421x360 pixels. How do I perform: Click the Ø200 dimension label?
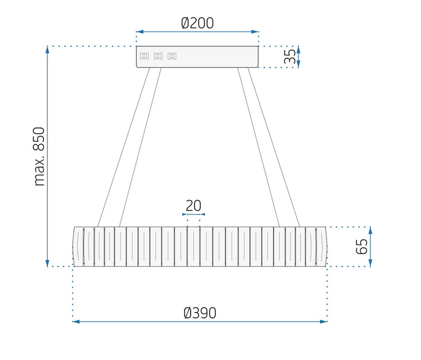[x=197, y=23]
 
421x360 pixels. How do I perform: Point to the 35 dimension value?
[x=290, y=57]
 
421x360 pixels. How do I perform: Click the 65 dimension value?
[x=361, y=246]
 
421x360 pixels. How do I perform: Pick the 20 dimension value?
[x=193, y=206]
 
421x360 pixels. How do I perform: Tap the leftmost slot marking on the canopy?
[x=144, y=56]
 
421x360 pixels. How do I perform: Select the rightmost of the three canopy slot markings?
[x=172, y=56]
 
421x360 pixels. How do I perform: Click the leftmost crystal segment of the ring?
[x=78, y=246]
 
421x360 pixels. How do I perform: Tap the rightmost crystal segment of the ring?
[x=321, y=246]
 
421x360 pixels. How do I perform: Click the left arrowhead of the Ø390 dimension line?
[x=76, y=322]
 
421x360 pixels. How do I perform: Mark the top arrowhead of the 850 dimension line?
[x=48, y=50]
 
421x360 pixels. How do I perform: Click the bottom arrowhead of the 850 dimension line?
[x=48, y=263]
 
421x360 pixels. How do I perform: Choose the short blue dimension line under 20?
[x=193, y=214]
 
